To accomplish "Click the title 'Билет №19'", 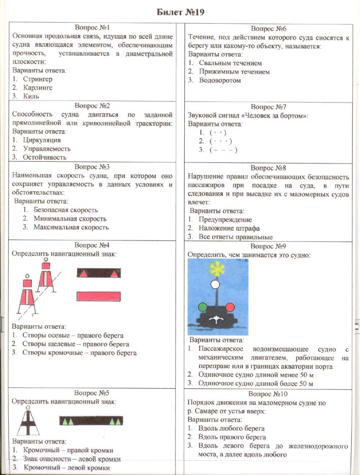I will click(180, 12).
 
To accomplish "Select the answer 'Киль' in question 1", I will click(31, 95).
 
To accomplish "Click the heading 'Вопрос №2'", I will click(92, 106).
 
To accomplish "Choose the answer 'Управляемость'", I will click(46, 149).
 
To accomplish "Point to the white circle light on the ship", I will click(216, 285).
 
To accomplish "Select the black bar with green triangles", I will click(91, 421).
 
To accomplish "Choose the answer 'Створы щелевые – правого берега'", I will click(75, 344).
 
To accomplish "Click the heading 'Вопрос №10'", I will click(268, 394).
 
